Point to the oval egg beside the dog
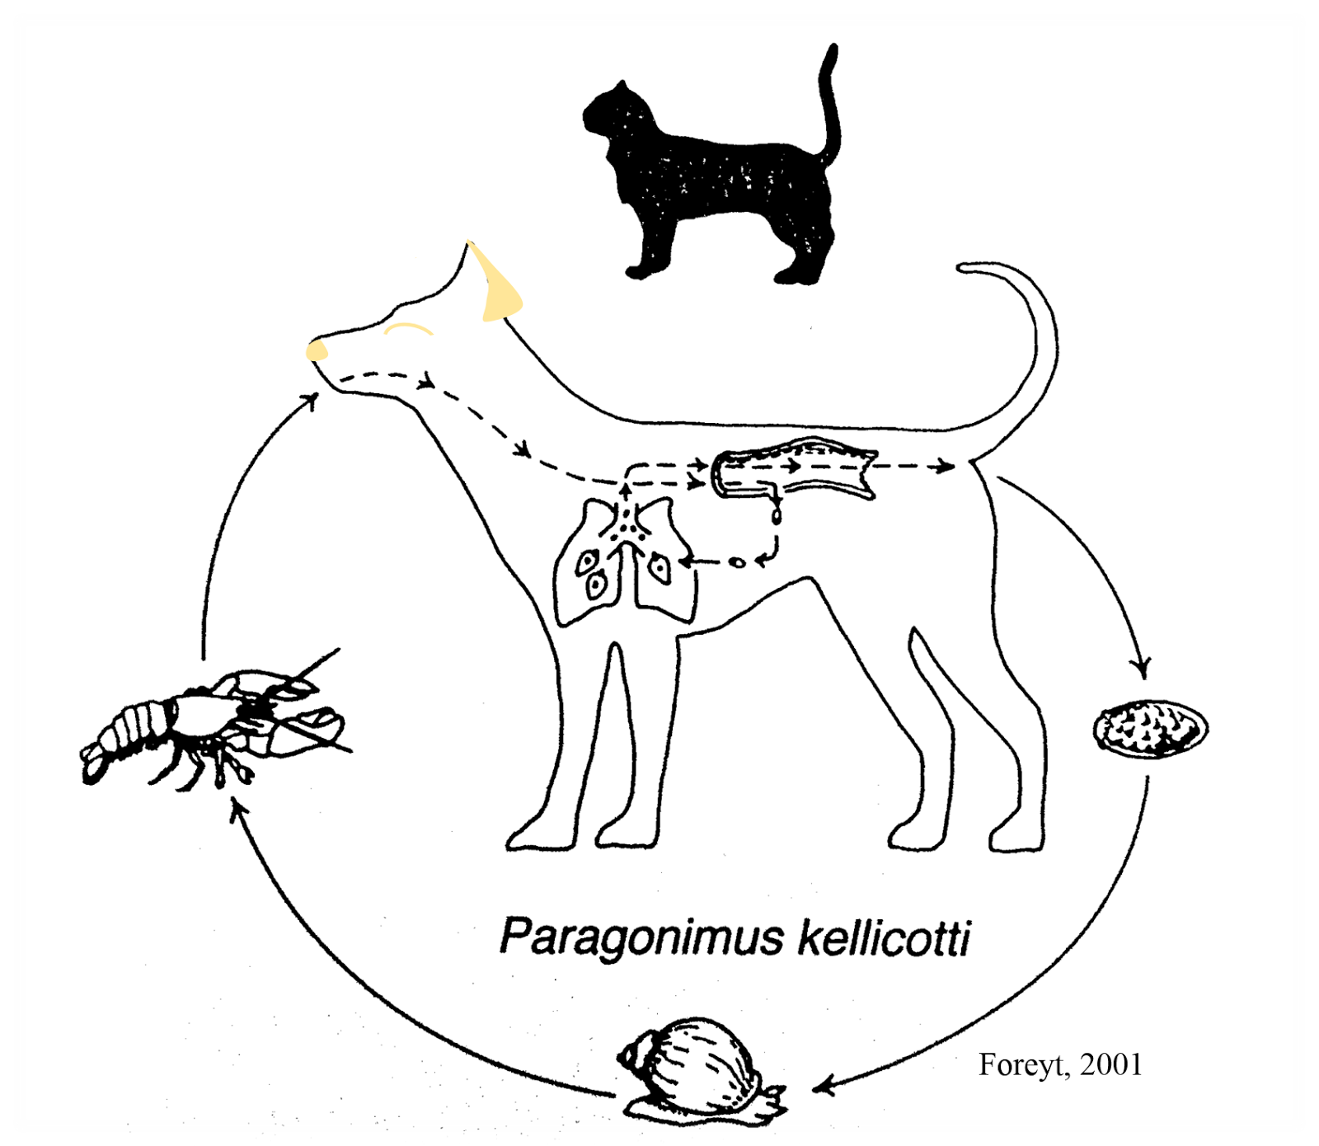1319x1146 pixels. click(1151, 728)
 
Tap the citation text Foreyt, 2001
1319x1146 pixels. click(1060, 1064)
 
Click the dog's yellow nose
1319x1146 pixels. click(317, 352)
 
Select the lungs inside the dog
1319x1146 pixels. click(622, 565)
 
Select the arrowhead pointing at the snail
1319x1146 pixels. click(824, 1085)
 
